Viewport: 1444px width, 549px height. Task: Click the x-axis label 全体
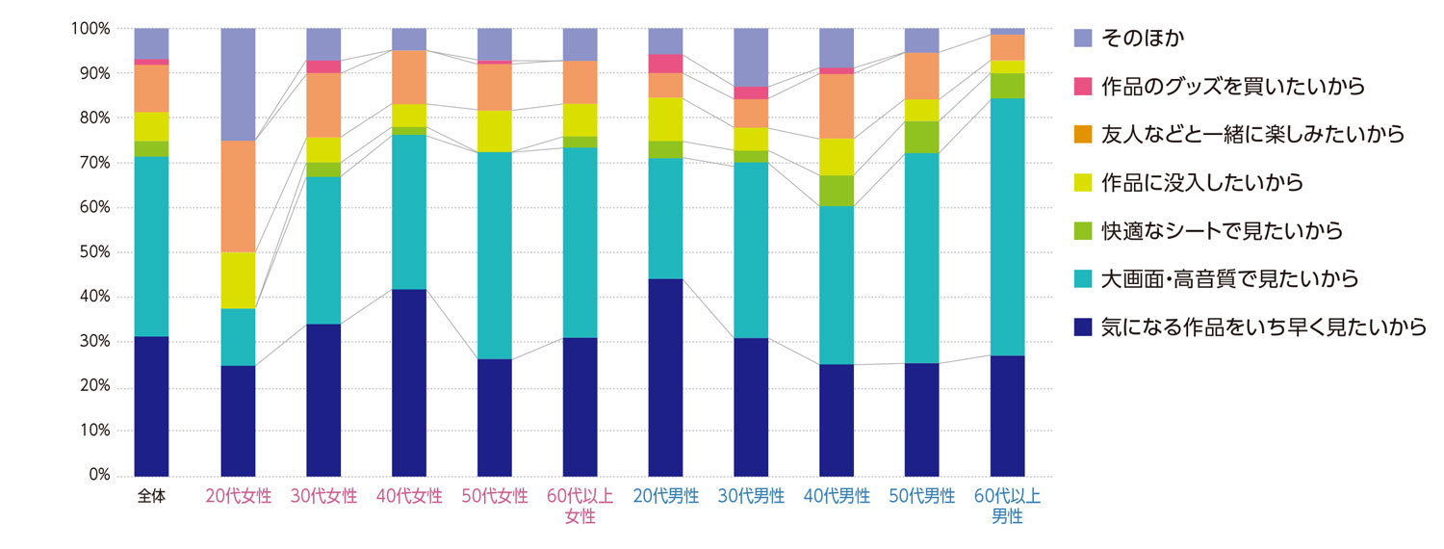point(152,497)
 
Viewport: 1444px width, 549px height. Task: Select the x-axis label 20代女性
point(238,497)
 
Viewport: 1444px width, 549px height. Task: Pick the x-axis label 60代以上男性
point(1008,507)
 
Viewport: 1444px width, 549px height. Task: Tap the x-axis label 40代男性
point(837,497)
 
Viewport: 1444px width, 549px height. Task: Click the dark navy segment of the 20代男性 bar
point(665,377)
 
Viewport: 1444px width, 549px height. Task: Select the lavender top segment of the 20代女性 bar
point(238,84)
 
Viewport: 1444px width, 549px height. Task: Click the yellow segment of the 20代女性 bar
point(238,280)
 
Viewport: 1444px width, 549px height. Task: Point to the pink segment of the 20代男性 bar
point(665,64)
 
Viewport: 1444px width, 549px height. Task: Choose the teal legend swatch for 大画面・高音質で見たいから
point(1082,279)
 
